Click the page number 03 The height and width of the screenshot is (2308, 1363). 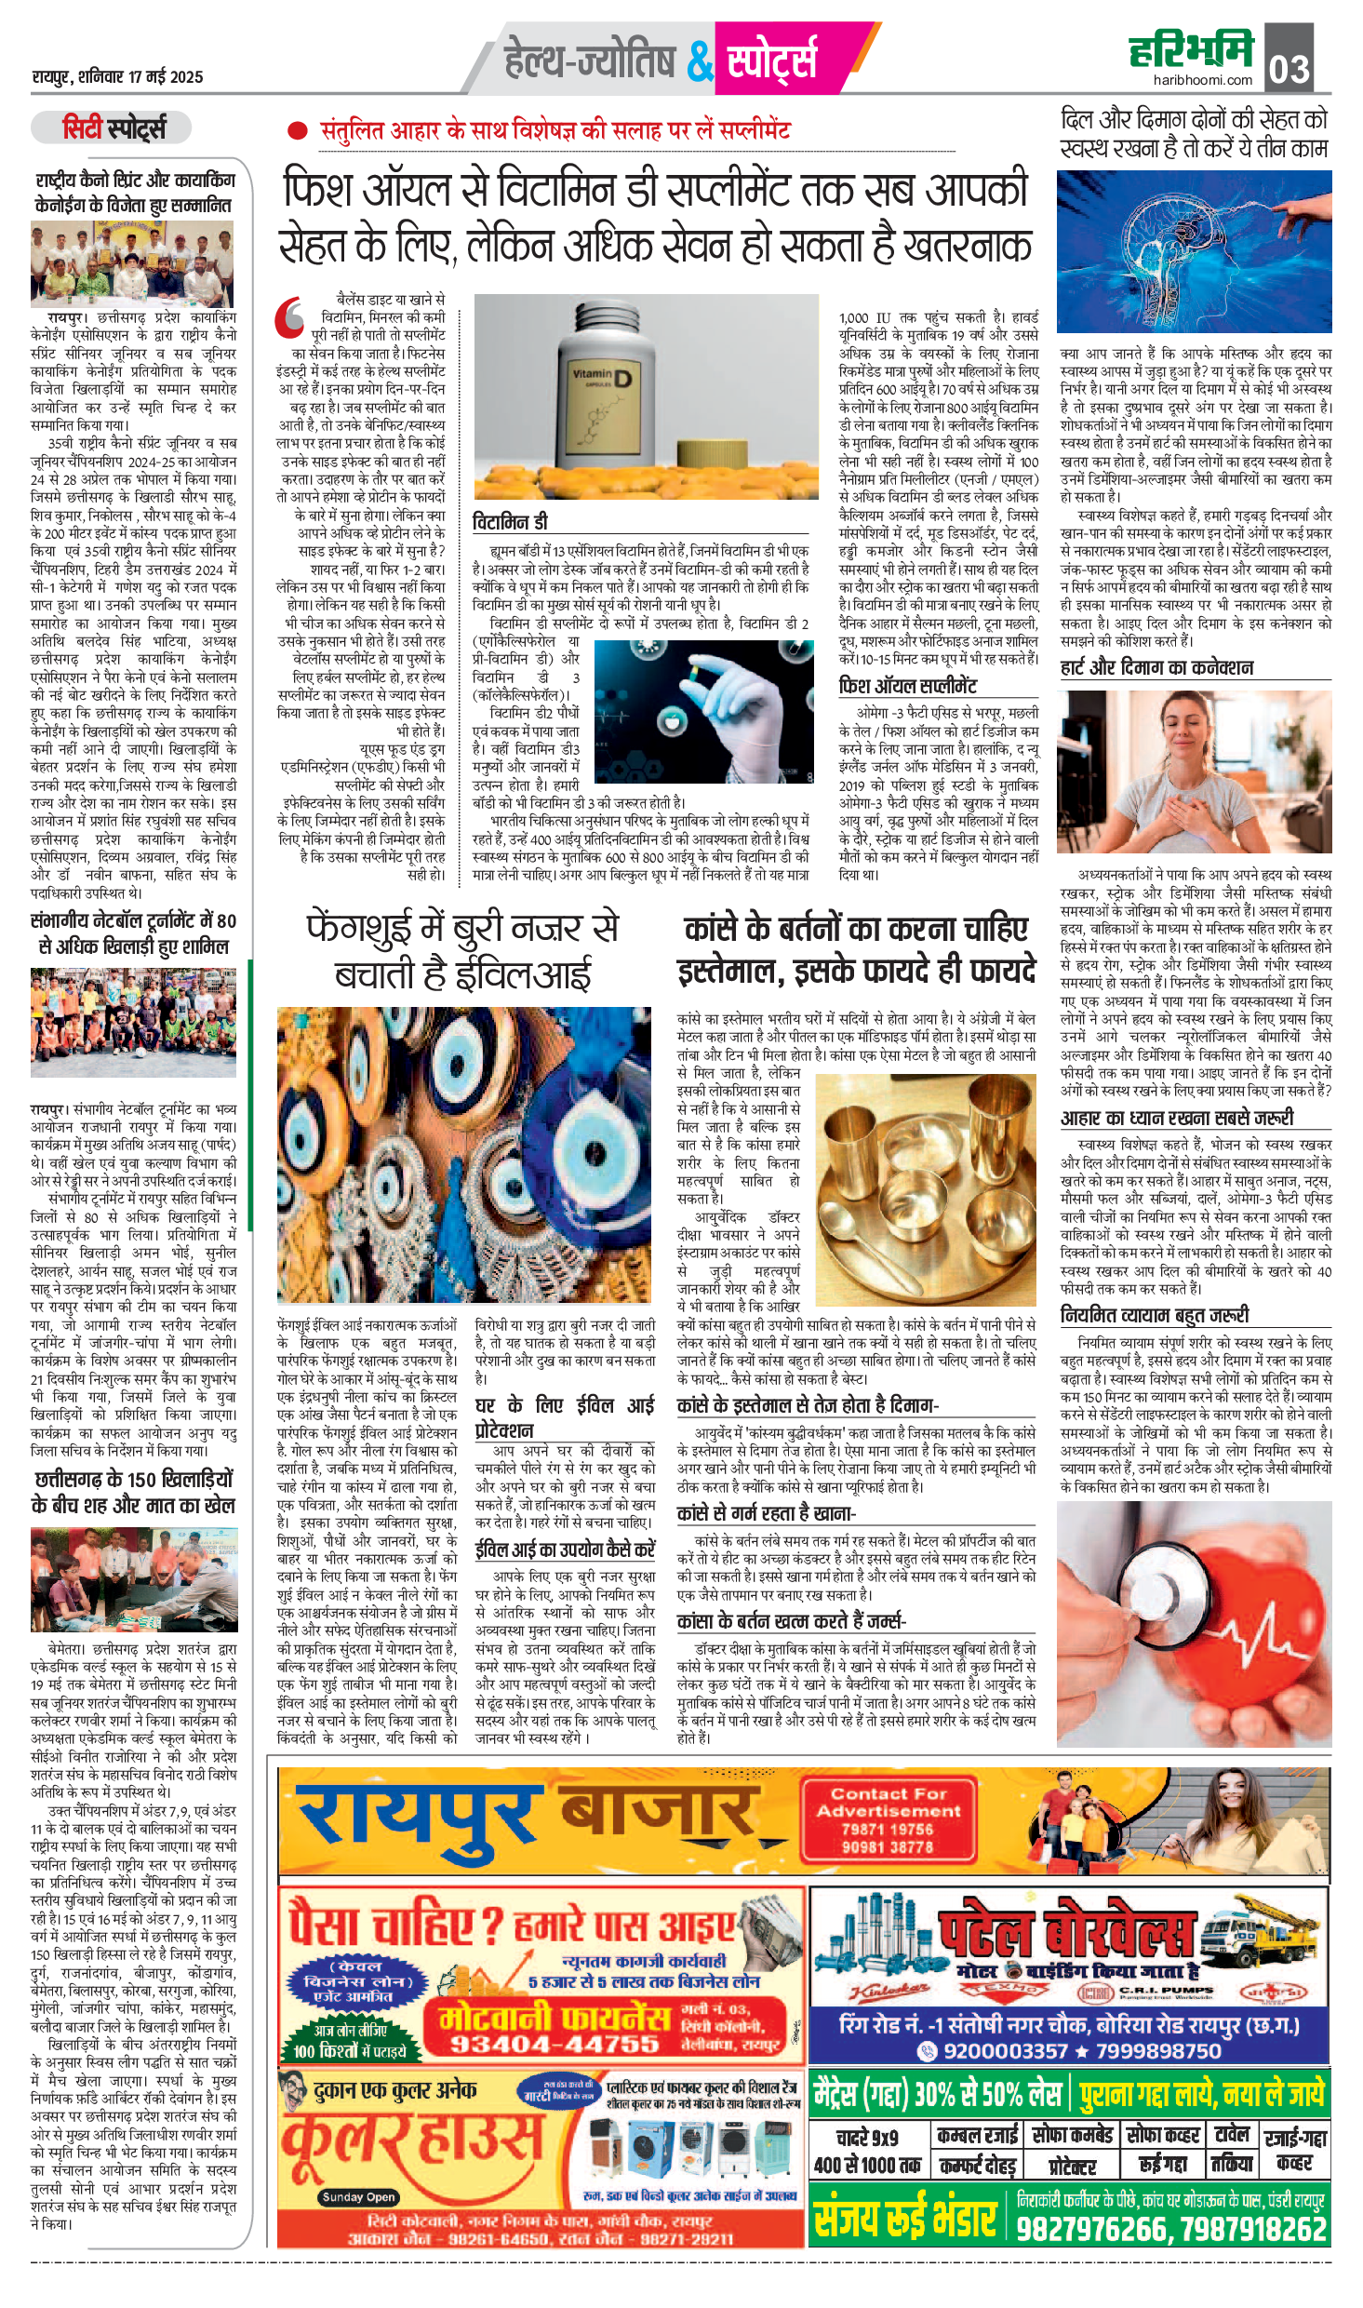[x=1290, y=65]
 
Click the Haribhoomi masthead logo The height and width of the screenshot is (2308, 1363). [x=1192, y=50]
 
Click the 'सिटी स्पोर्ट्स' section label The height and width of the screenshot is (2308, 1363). [x=112, y=127]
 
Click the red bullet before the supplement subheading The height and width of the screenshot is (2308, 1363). [x=297, y=131]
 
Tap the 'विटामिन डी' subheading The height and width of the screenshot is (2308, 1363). [x=511, y=522]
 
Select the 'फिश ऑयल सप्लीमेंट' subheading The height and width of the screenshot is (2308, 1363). [x=908, y=686]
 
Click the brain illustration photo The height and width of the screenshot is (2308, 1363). [x=1194, y=251]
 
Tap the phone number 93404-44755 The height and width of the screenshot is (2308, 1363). [x=555, y=2044]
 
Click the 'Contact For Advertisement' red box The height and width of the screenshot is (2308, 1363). [x=888, y=1819]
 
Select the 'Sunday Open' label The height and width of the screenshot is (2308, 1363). [x=358, y=2196]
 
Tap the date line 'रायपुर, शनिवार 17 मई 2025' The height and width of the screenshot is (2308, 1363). [x=117, y=77]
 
